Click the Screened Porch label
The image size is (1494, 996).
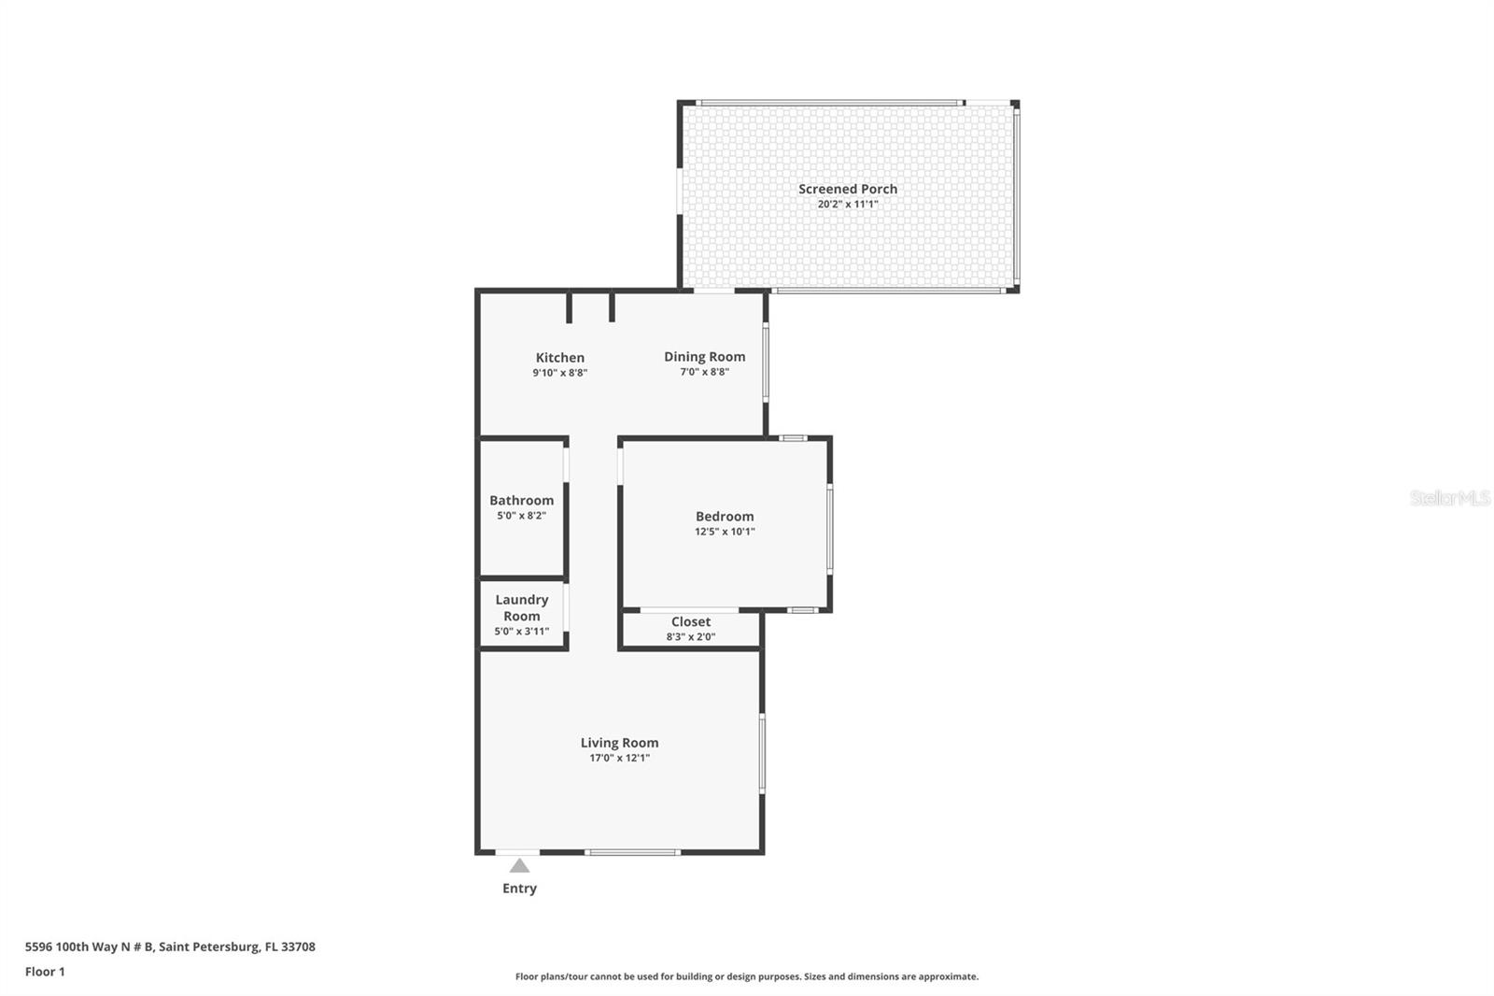[x=847, y=189]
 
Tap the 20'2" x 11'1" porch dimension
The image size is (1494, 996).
[x=847, y=204]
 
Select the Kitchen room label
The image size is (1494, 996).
[x=559, y=358]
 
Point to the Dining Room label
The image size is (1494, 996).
[x=704, y=357]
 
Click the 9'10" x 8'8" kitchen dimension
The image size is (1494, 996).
[x=559, y=373]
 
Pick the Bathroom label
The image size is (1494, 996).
[x=521, y=501]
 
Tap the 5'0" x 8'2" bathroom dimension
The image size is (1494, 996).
[x=521, y=516]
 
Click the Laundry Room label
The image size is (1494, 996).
[x=521, y=607]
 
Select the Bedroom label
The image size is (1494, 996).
[x=724, y=517]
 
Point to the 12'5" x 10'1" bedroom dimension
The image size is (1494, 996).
[x=724, y=532]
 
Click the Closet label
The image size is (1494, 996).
[x=690, y=622]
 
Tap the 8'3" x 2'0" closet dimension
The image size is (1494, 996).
[x=690, y=637]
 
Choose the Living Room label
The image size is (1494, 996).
[x=619, y=743]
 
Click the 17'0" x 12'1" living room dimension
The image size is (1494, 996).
[x=619, y=758]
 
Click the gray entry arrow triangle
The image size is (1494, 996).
[x=519, y=866]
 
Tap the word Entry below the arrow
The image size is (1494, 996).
[x=519, y=889]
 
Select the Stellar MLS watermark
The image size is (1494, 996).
[x=1449, y=498]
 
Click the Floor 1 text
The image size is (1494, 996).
[x=45, y=972]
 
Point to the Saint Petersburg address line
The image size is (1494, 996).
[x=170, y=946]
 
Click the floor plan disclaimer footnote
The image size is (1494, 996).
[x=746, y=976]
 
